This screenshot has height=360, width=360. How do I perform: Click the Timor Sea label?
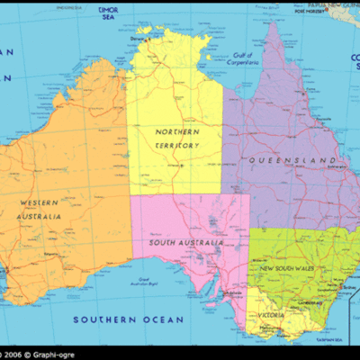(108, 13)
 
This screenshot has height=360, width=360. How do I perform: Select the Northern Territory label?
(176, 138)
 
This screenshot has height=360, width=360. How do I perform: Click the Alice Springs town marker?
(180, 166)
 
